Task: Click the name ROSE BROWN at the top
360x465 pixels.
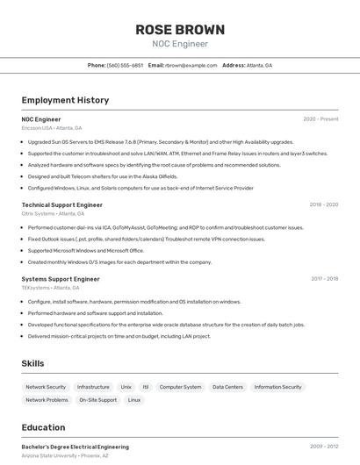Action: (x=179, y=30)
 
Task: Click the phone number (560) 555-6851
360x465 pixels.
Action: (x=125, y=65)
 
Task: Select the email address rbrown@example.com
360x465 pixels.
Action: (x=191, y=65)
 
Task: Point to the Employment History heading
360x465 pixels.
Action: (x=65, y=100)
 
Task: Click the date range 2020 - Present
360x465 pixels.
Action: (x=320, y=119)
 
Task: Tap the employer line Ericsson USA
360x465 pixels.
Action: (x=37, y=128)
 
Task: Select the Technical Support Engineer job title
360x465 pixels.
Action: (x=61, y=204)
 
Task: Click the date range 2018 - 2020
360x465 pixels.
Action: (x=323, y=204)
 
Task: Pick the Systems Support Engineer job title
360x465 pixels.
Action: (x=61, y=279)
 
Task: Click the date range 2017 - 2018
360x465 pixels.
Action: (x=324, y=279)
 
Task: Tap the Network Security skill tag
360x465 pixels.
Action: (x=46, y=387)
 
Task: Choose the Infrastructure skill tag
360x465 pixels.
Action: (x=93, y=387)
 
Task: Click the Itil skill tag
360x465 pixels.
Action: (x=146, y=387)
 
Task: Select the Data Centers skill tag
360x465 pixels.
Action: (x=227, y=387)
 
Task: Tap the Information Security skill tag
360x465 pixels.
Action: (x=277, y=387)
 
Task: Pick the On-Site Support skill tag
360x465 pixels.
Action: (x=97, y=400)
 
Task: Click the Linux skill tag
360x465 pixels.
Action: (x=134, y=400)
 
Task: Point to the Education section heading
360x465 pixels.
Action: (x=43, y=428)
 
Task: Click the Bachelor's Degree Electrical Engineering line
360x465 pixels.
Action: (x=75, y=447)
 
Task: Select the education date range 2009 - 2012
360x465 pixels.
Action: (x=323, y=447)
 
